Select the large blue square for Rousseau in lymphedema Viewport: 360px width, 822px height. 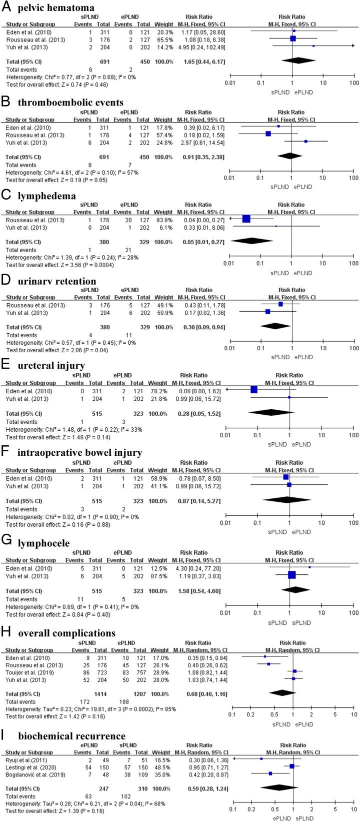(246, 219)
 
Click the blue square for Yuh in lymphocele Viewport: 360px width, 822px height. (292, 575)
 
